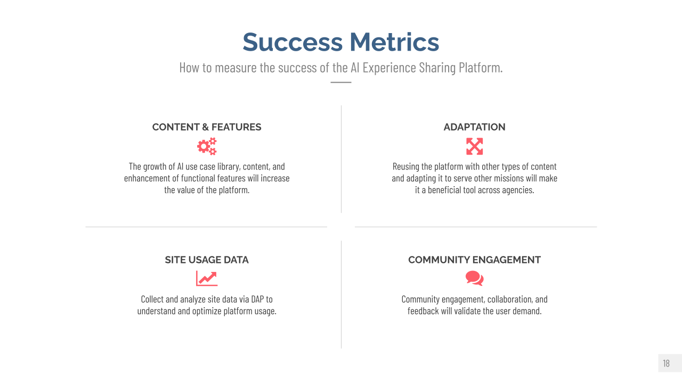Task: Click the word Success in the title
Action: pos(293,42)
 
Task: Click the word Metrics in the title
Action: pos(394,42)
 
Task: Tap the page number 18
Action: pos(666,363)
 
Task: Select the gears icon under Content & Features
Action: pos(207,146)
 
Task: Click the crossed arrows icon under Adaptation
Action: pos(474,146)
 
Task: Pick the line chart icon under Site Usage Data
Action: pos(207,278)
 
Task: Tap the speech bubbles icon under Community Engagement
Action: pos(474,278)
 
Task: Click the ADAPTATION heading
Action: pos(474,127)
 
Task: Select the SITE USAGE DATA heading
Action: pos(207,260)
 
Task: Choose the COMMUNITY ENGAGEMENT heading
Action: pos(474,260)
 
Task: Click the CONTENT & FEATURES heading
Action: pos(207,127)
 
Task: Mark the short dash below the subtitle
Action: pos(341,82)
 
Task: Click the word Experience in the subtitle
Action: pos(389,68)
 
